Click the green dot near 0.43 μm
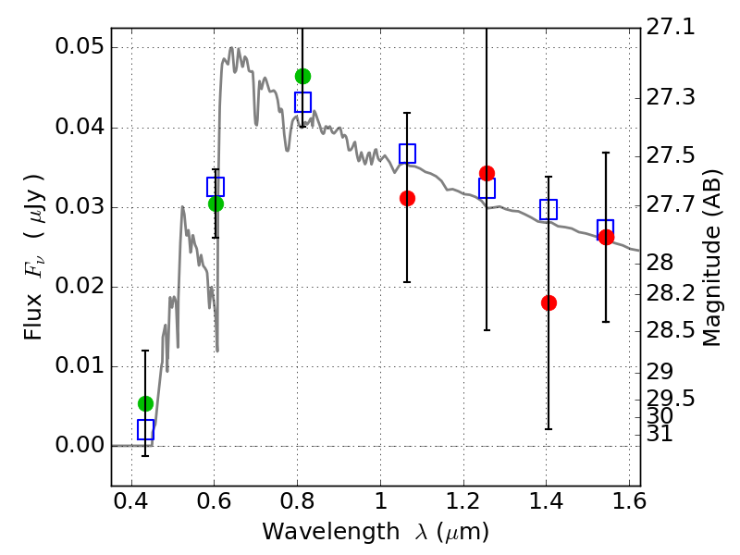pyautogui.click(x=145, y=403)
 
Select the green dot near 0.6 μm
pyautogui.click(x=216, y=203)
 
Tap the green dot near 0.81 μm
pyautogui.click(x=302, y=76)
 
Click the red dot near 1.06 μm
pyautogui.click(x=407, y=198)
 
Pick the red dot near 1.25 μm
pyautogui.click(x=487, y=173)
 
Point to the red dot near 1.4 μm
pyautogui.click(x=549, y=302)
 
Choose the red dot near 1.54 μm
pyautogui.click(x=606, y=237)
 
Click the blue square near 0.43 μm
pyautogui.click(x=145, y=429)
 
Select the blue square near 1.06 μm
pyautogui.click(x=407, y=154)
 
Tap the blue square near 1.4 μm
pyautogui.click(x=549, y=209)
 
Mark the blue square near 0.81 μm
pyautogui.click(x=302, y=102)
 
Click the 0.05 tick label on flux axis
pyautogui.click(x=80, y=47)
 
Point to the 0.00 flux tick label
pyautogui.click(x=80, y=445)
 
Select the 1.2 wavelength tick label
pyautogui.click(x=463, y=501)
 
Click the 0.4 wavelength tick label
pyautogui.click(x=131, y=501)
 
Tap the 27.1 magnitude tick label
pyautogui.click(x=670, y=27)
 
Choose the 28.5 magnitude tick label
pyautogui.click(x=670, y=330)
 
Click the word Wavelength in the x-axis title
pyautogui.click(x=331, y=533)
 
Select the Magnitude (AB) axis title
pyautogui.click(x=711, y=258)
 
